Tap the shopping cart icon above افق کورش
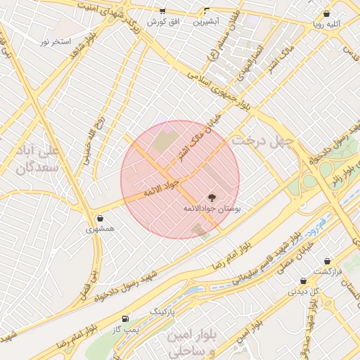(162, 11)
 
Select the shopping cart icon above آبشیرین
(206, 11)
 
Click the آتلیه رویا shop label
(329, 23)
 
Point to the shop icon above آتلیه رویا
(326, 13)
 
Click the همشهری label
(101, 229)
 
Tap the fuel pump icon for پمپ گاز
(126, 319)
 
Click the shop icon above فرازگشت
(328, 261)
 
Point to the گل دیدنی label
(309, 290)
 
